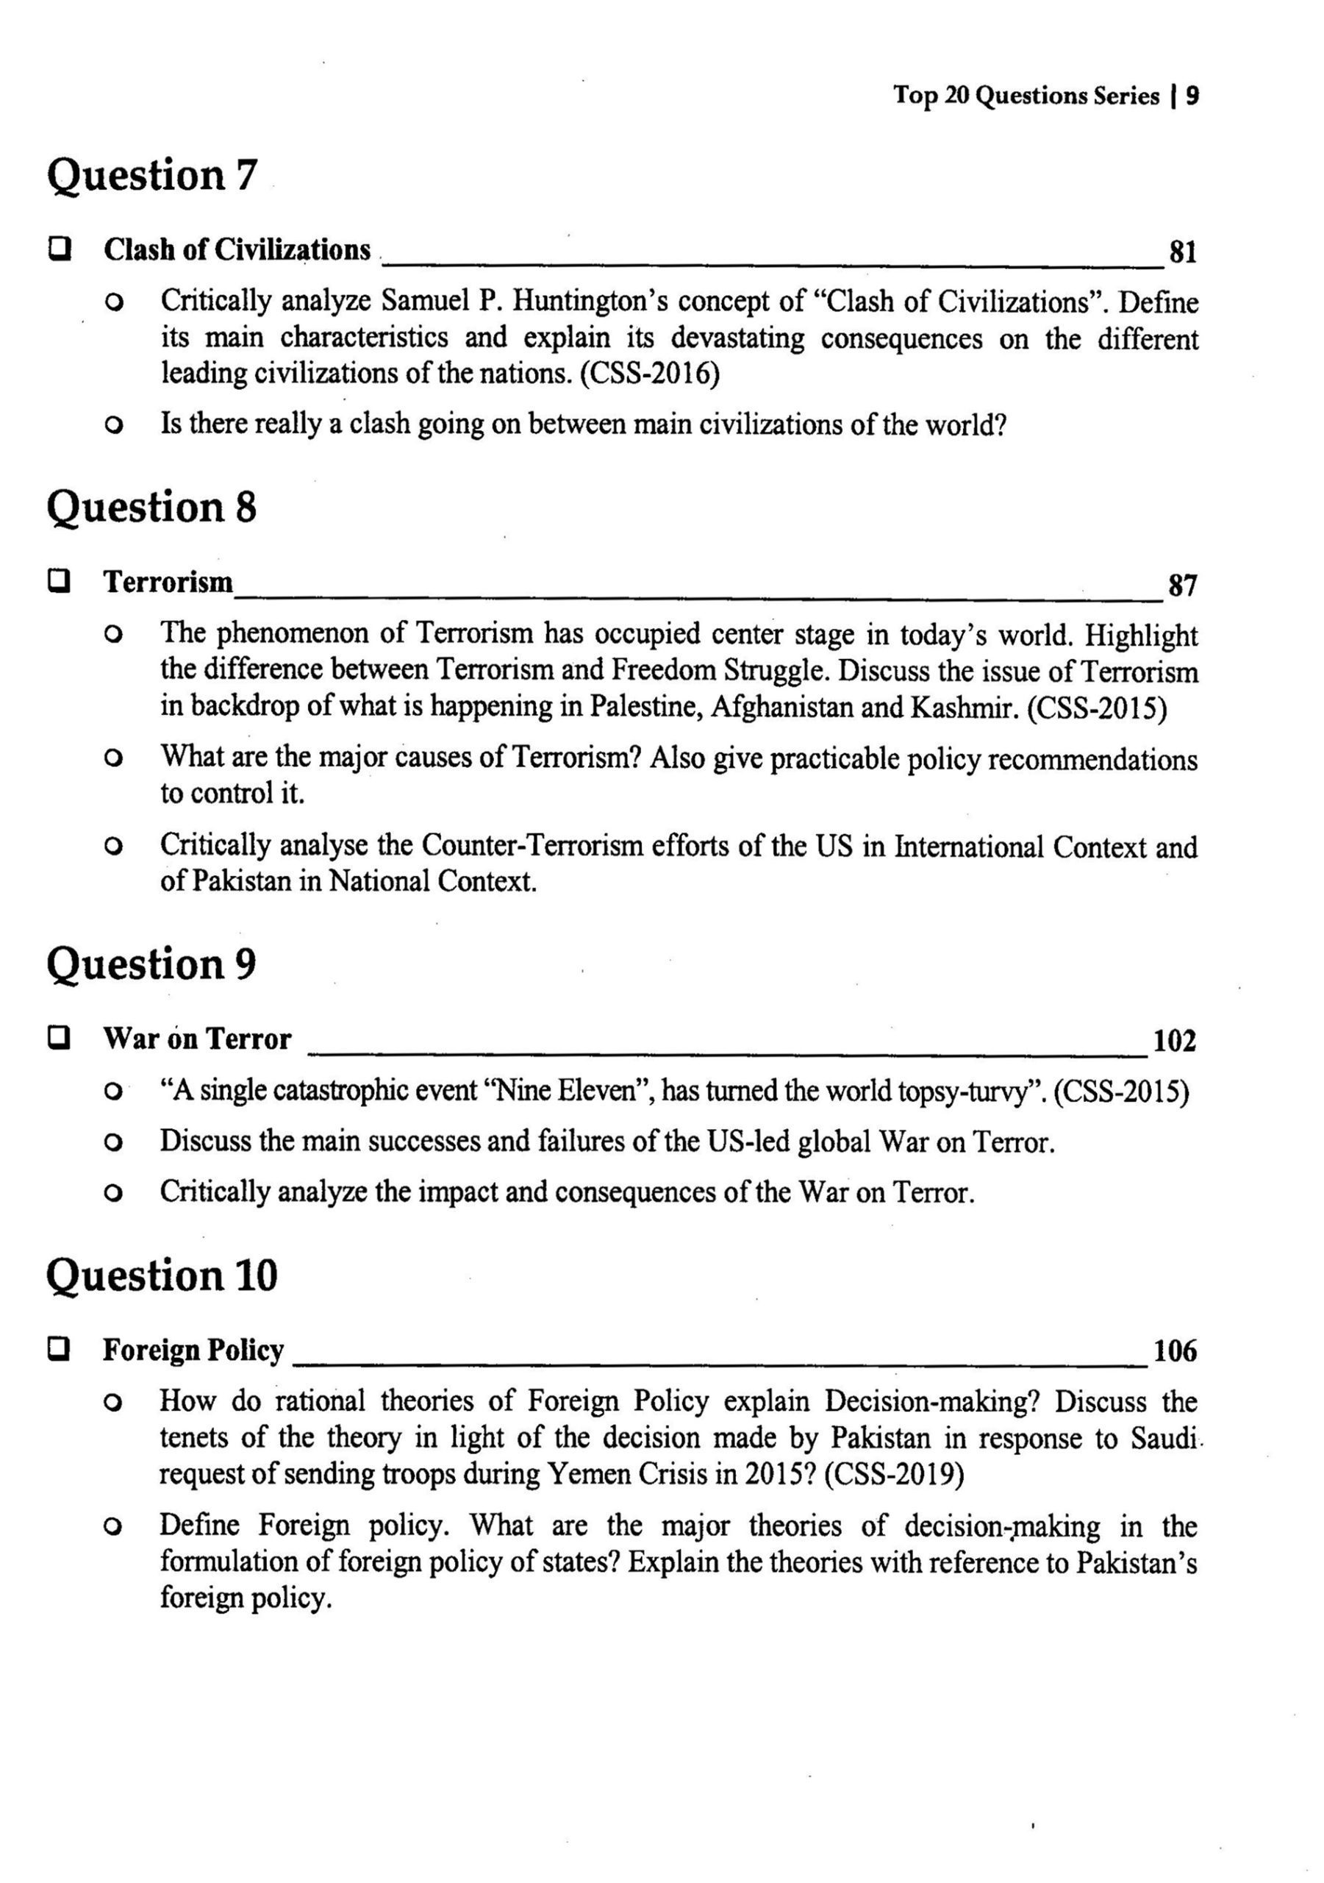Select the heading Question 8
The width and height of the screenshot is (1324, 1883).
click(151, 508)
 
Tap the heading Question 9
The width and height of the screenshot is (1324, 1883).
click(151, 964)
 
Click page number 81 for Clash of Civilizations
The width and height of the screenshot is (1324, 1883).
click(1181, 252)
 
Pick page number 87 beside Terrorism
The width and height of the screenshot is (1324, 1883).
click(1181, 585)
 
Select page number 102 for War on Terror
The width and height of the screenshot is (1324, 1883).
click(1174, 1041)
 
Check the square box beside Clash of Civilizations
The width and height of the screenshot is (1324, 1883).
click(58, 248)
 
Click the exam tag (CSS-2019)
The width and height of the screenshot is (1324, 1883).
click(894, 1475)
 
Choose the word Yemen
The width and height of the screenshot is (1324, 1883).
click(585, 1475)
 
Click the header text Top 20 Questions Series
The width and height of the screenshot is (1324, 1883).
click(1026, 96)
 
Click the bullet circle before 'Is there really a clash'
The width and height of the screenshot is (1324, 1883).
click(114, 427)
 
